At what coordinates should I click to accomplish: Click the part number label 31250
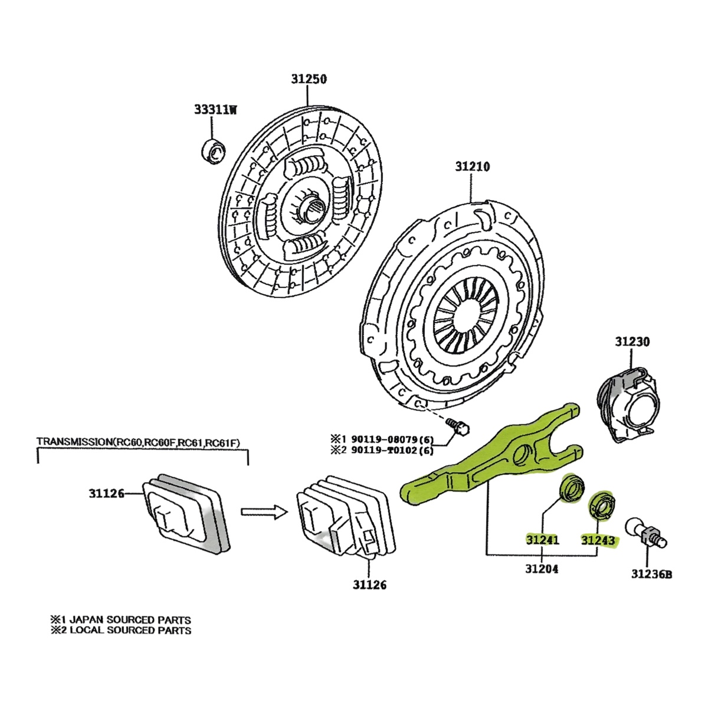click(x=308, y=79)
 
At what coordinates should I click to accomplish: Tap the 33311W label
click(x=215, y=109)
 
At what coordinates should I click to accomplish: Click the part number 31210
click(x=472, y=167)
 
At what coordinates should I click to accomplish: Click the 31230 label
click(x=632, y=342)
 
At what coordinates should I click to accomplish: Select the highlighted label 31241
click(x=542, y=540)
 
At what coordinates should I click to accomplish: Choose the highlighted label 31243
click(x=598, y=540)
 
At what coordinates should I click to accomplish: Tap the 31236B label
click(x=651, y=573)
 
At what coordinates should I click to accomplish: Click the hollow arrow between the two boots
click(x=263, y=511)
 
